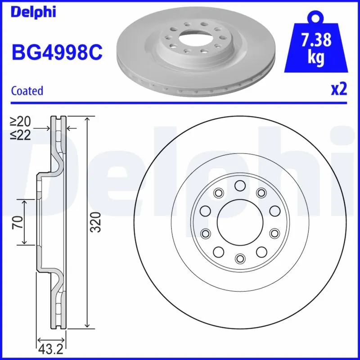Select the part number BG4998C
click(57, 53)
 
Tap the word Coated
click(27, 90)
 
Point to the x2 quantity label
click(339, 90)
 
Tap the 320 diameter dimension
click(95, 222)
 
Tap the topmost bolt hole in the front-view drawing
click(239, 185)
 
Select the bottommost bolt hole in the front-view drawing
click(239, 258)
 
